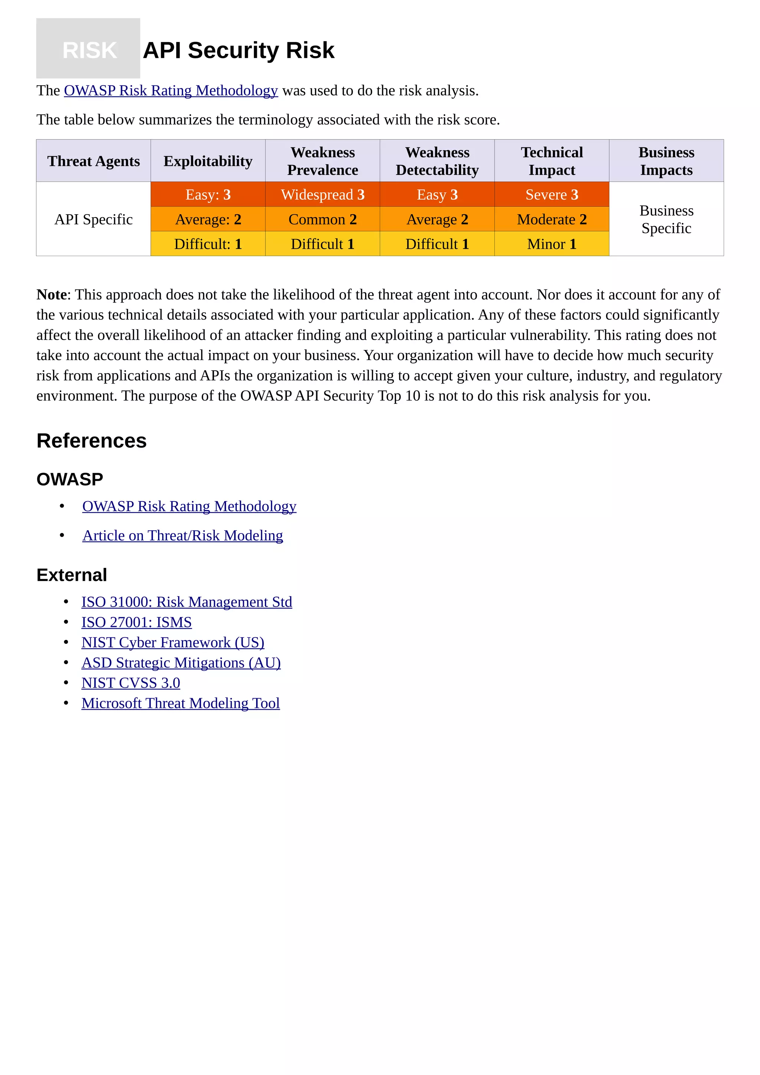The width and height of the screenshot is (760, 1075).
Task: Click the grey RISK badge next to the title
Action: [x=88, y=49]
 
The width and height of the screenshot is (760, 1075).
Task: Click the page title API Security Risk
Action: [x=238, y=50]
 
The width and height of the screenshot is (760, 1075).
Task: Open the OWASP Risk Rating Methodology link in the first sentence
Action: [x=171, y=90]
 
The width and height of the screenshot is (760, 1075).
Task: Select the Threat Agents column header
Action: [x=94, y=161]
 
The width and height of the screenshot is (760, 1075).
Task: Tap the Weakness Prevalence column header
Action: [x=322, y=161]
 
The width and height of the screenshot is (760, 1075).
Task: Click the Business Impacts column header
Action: [x=666, y=161]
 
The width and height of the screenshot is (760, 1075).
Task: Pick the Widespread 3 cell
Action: [x=322, y=194]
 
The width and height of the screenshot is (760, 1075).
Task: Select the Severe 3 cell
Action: [x=552, y=194]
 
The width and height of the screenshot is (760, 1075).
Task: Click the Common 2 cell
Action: [x=322, y=219]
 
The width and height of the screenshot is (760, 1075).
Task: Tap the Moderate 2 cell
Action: [x=552, y=219]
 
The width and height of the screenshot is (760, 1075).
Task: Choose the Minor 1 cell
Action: [x=552, y=244]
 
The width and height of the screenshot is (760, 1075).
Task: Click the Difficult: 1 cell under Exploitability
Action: [x=208, y=244]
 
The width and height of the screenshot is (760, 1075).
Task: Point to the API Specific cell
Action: [x=94, y=219]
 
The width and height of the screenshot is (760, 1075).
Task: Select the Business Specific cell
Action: [x=666, y=219]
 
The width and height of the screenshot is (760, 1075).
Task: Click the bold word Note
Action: [x=52, y=294]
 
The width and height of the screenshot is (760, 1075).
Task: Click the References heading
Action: [x=92, y=441]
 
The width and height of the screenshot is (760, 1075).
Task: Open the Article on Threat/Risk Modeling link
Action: [x=183, y=535]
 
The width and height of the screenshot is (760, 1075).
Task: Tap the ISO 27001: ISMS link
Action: [x=136, y=622]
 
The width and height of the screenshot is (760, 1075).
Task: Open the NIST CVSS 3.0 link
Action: [x=131, y=683]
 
